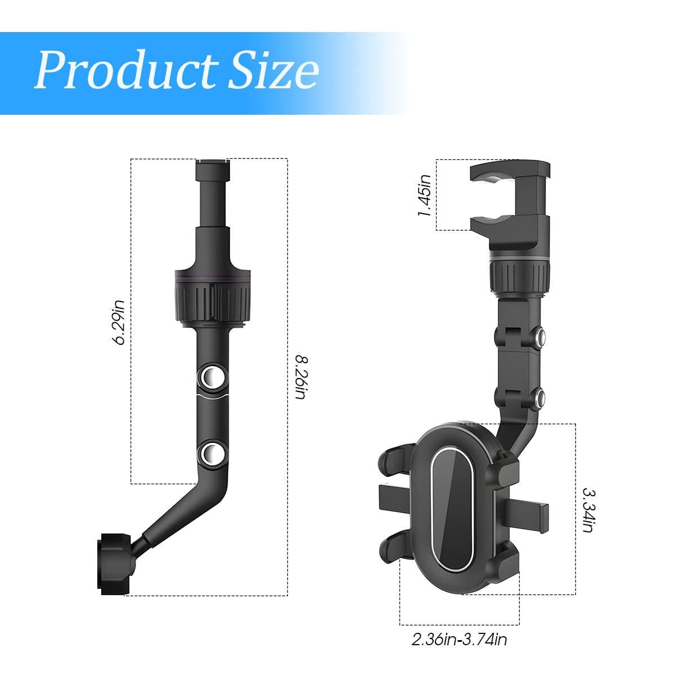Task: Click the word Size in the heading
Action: pos(273,71)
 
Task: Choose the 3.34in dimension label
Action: pos(588,510)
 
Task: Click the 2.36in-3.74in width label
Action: pos(459,640)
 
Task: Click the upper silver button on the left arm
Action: pos(212,376)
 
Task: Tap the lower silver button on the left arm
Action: pos(212,453)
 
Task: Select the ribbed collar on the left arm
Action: pos(212,298)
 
